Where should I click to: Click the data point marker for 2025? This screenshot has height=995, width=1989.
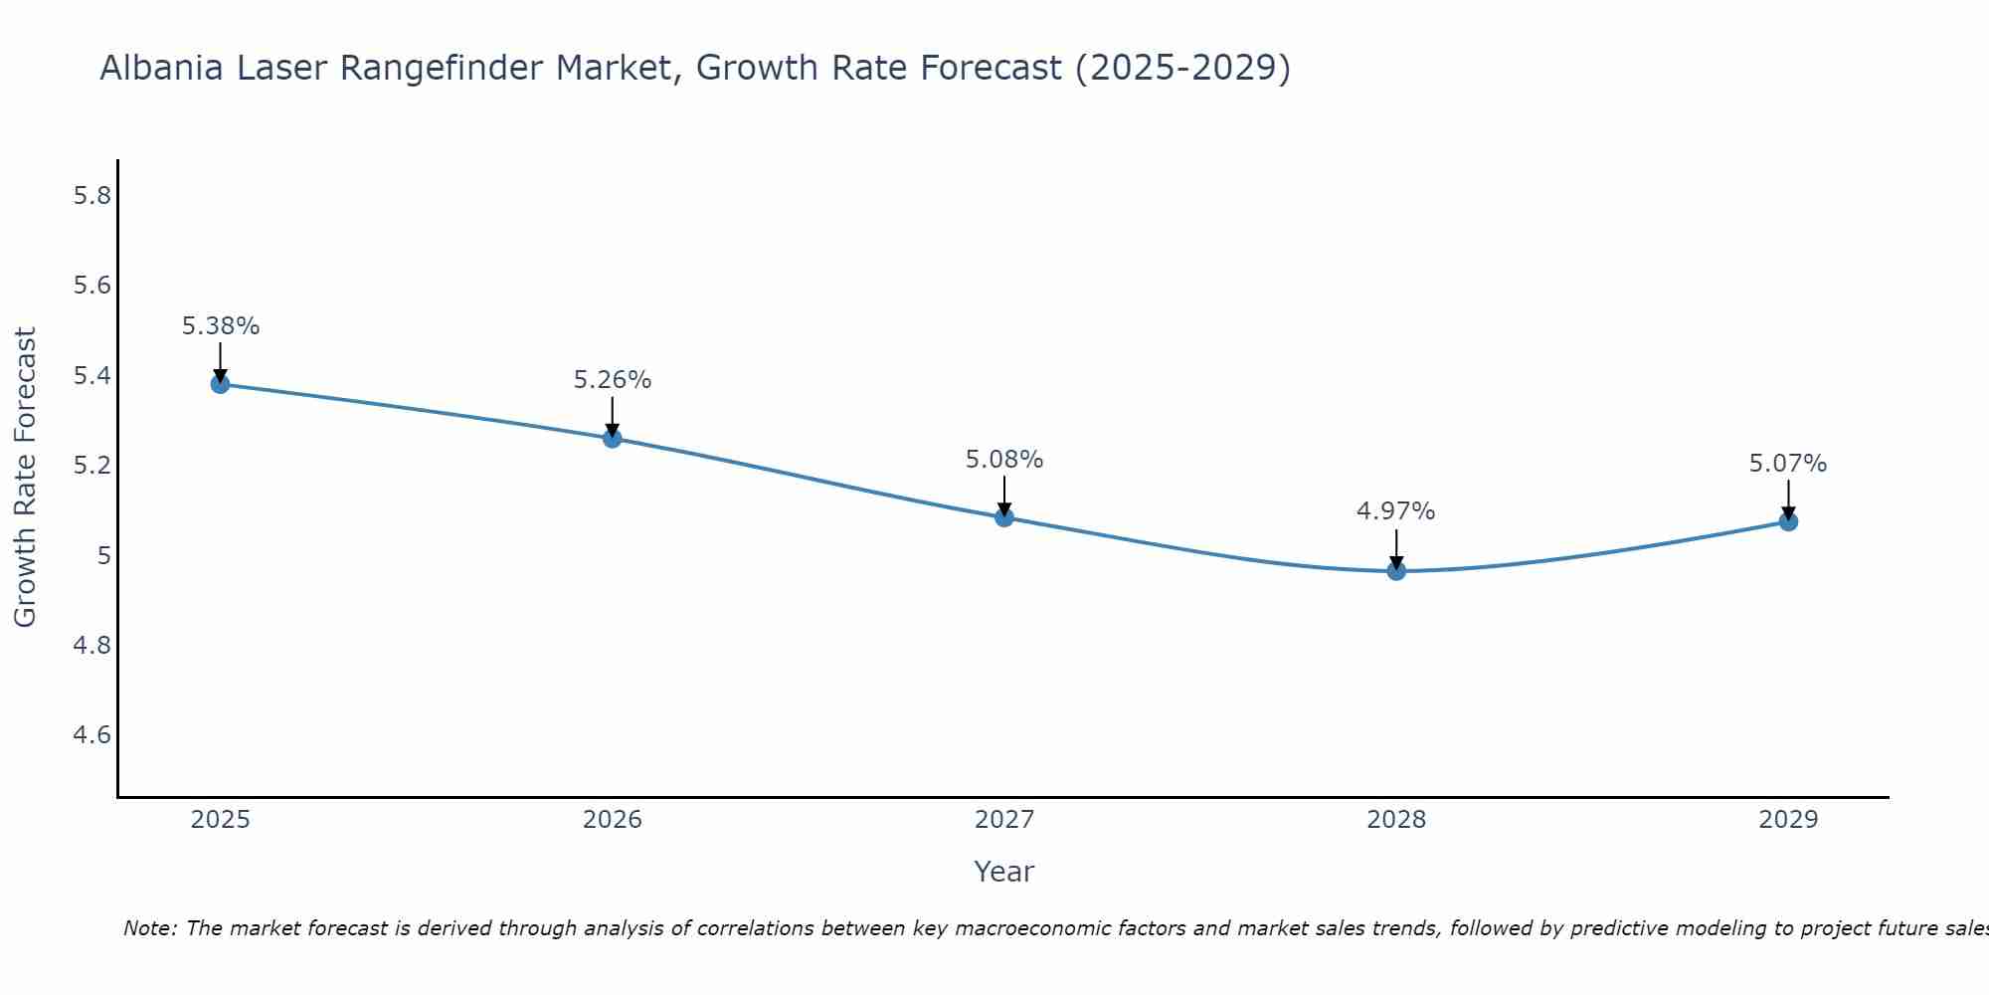coord(220,384)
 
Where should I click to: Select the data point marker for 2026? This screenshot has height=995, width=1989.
coord(612,438)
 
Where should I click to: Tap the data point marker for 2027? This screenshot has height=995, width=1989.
coord(1003,517)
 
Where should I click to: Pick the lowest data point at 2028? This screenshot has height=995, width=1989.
coord(1396,571)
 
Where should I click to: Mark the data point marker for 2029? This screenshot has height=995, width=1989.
coord(1788,521)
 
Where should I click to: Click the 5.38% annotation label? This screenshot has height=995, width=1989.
coord(221,326)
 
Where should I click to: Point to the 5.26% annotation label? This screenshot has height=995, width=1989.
coord(613,380)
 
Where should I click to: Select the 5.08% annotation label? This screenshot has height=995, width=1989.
coord(1004,460)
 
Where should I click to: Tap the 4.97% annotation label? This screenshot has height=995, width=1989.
coord(1396,511)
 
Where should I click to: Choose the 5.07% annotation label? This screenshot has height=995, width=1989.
coord(1788,464)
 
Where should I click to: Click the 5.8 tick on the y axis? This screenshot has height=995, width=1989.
coord(92,196)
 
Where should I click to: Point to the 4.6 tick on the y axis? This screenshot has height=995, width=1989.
coord(92,735)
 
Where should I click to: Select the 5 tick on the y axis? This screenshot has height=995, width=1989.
coord(103,555)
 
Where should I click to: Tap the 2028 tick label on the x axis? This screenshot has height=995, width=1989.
coord(1396,820)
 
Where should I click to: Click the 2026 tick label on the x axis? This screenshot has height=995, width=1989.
coord(612,820)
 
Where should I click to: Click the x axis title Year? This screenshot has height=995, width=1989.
coord(1003,872)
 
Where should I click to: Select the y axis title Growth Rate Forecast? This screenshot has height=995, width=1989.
coord(25,478)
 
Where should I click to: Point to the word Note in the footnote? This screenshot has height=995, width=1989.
coord(149,928)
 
